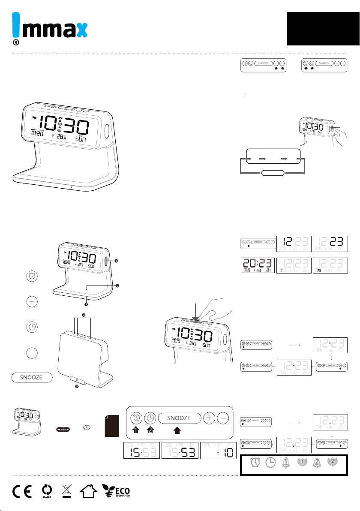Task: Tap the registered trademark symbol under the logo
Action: (15, 43)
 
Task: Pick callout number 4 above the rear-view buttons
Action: (83, 315)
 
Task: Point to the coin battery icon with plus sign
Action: (87, 427)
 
